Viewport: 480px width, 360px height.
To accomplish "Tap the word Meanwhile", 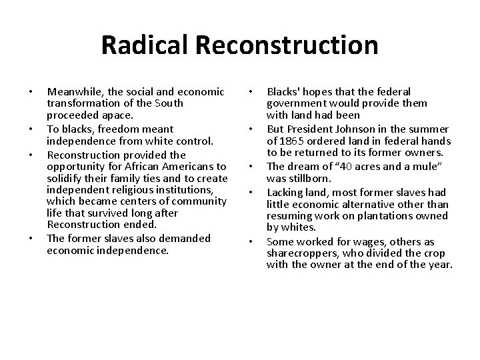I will pos(73,91).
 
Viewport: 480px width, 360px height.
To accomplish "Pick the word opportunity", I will pos(75,165).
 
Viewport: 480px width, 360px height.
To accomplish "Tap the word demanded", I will pos(187,238).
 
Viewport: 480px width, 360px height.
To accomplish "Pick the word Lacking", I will pos(285,192).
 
